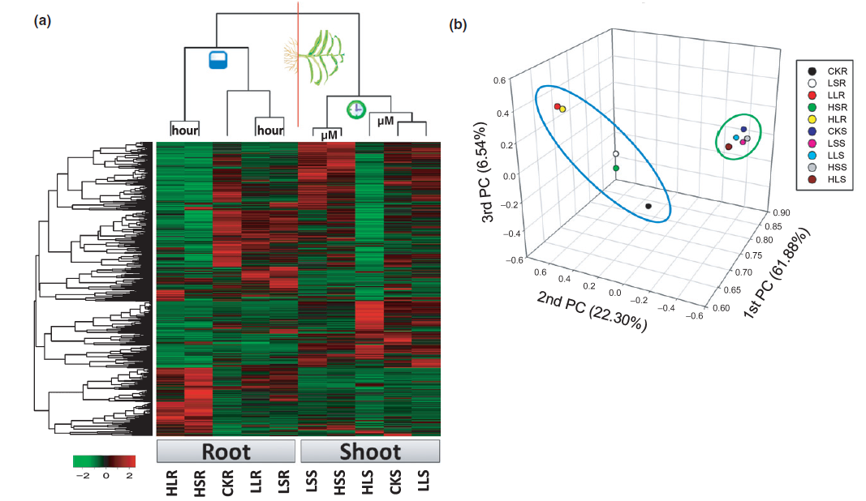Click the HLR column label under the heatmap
(172, 483)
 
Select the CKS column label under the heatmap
(395, 482)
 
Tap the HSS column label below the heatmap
(339, 483)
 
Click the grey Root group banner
(226, 452)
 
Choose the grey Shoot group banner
(370, 452)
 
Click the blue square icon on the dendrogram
(218, 60)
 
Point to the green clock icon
(356, 109)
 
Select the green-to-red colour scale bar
(105, 461)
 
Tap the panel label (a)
(42, 21)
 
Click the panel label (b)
(458, 25)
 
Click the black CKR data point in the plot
(648, 207)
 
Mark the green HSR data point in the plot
(616, 168)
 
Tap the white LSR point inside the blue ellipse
(616, 154)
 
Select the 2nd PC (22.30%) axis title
(592, 312)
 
